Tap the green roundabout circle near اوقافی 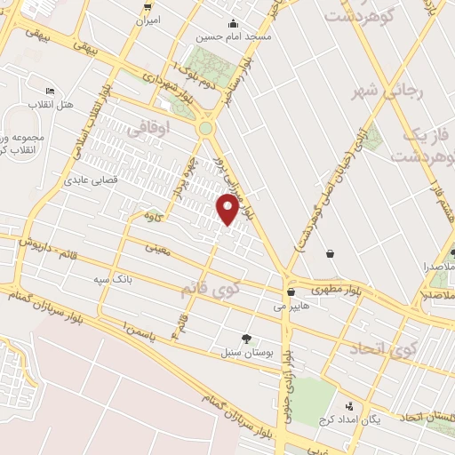[x=206, y=129]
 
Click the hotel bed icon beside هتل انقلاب [x=50, y=92]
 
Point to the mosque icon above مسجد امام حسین [x=233, y=23]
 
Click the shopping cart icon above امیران [x=148, y=5]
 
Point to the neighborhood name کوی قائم [x=210, y=288]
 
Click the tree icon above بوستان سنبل [x=246, y=338]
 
